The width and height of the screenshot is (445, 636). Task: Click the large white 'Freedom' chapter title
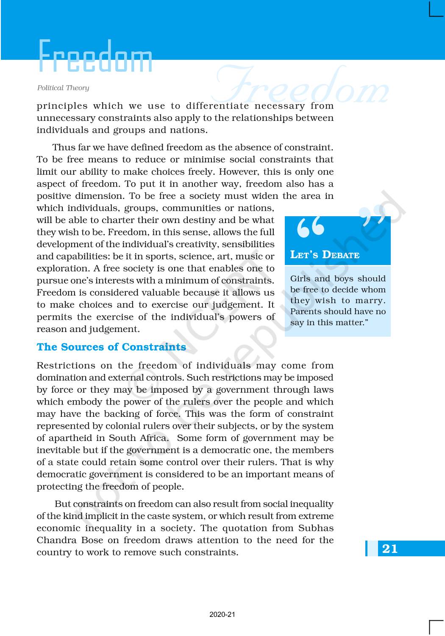pyautogui.click(x=95, y=56)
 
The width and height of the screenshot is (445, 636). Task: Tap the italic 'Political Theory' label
pyautogui.click(x=63, y=88)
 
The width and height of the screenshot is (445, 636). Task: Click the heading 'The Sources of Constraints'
pyautogui.click(x=111, y=347)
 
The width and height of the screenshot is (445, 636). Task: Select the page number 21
pyautogui.click(x=390, y=549)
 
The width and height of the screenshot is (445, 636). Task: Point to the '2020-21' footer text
pyautogui.click(x=222, y=614)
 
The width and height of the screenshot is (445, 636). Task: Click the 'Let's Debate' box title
pyautogui.click(x=325, y=254)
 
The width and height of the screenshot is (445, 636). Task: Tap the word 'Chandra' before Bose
pyautogui.click(x=55, y=540)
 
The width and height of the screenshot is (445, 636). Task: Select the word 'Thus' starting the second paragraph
pyautogui.click(x=63, y=147)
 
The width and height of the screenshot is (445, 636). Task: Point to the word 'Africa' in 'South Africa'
pyautogui.click(x=153, y=438)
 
